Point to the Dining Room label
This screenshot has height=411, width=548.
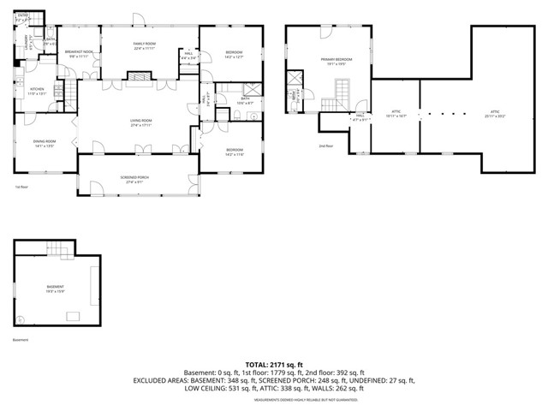[x=45, y=143]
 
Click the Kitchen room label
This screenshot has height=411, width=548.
[x=38, y=91]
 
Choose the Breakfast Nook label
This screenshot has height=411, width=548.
[x=79, y=53]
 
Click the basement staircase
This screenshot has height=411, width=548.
[x=55, y=249]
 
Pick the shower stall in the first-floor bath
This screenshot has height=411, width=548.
[x=253, y=89]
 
